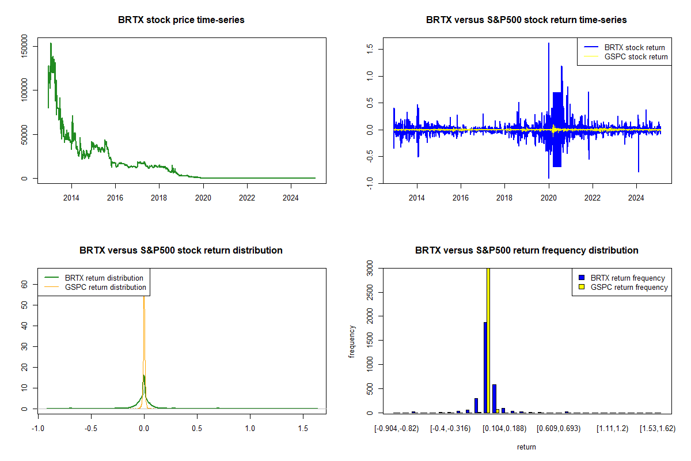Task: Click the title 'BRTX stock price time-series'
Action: pyautogui.click(x=181, y=20)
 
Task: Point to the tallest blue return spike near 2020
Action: pyautogui.click(x=548, y=44)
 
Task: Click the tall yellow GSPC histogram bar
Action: pyautogui.click(x=488, y=340)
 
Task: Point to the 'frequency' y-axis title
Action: pyautogui.click(x=352, y=341)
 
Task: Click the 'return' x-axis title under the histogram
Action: pyautogui.click(x=526, y=447)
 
